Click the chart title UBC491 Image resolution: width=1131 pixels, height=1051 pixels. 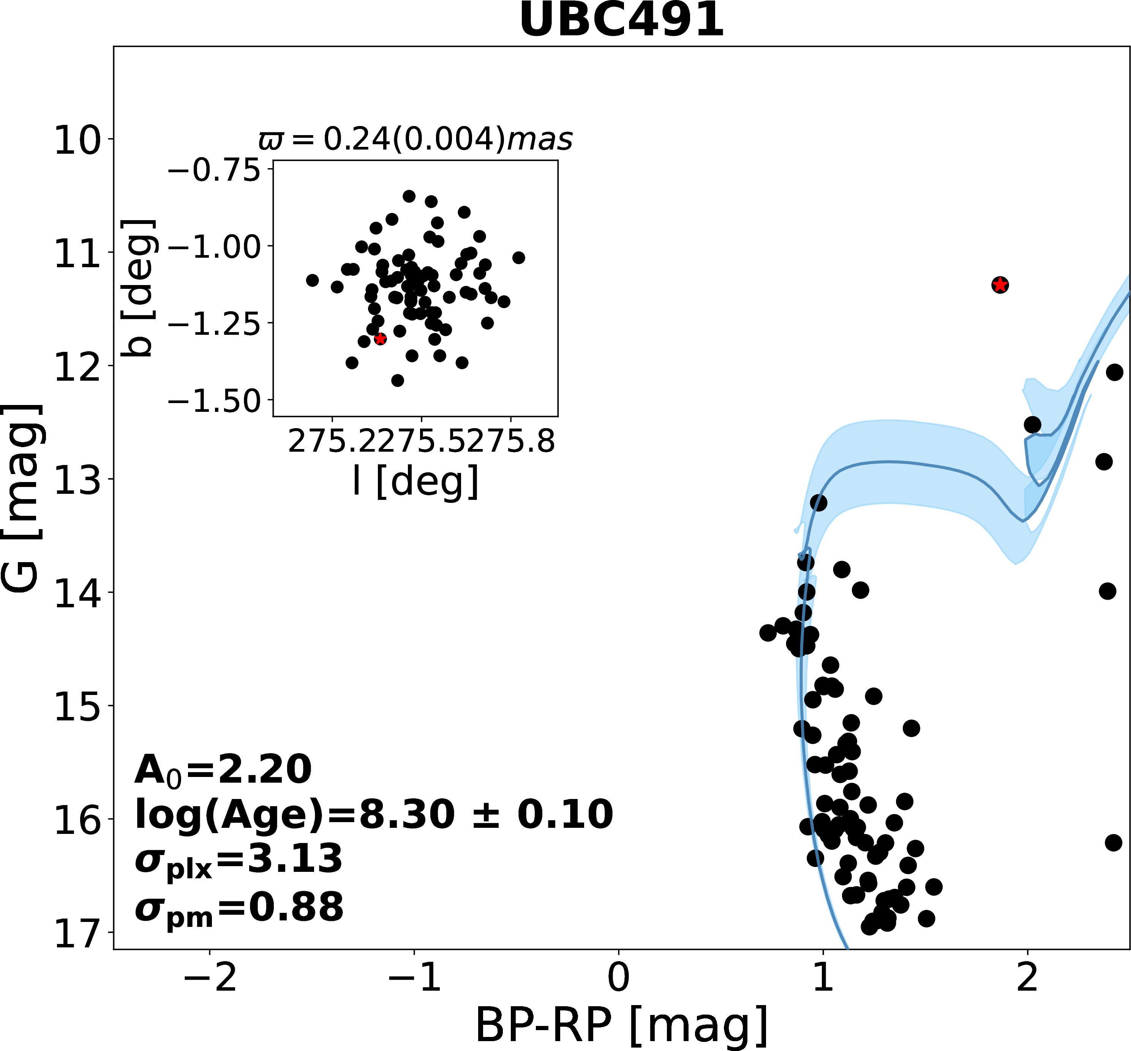[621, 21]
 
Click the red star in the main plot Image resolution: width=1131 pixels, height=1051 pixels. [1000, 284]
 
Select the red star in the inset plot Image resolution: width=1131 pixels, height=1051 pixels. [381, 339]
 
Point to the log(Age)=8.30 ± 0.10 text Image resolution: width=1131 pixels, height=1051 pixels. [374, 815]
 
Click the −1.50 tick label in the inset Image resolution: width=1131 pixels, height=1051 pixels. [213, 402]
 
